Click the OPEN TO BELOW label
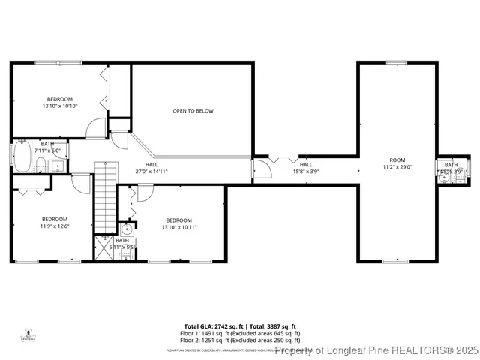click(x=193, y=111)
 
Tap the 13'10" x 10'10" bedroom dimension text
click(x=60, y=106)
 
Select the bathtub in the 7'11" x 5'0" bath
click(x=22, y=159)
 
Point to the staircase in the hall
click(x=106, y=199)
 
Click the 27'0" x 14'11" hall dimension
click(x=151, y=172)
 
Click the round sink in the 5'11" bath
click(x=127, y=229)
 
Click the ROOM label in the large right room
click(x=397, y=160)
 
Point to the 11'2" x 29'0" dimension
click(x=397, y=167)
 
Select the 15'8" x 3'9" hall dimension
click(x=306, y=171)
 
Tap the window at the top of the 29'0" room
click(x=396, y=62)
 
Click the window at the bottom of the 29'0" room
click(x=396, y=262)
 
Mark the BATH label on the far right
click(x=451, y=165)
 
